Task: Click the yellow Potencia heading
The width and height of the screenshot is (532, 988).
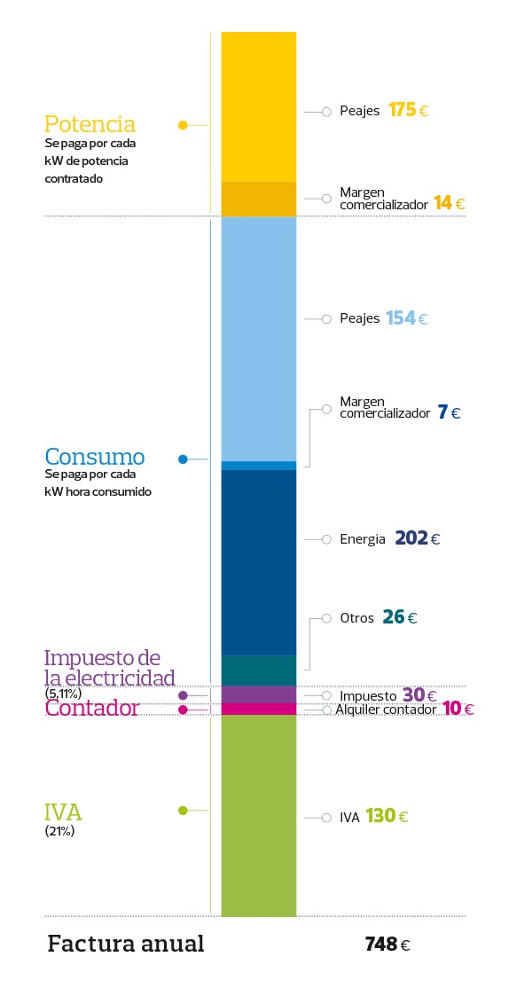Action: click(x=90, y=123)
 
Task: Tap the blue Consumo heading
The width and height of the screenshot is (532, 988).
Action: click(x=94, y=458)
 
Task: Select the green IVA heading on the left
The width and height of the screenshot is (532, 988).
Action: click(x=63, y=812)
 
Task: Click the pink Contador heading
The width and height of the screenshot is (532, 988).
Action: click(x=92, y=709)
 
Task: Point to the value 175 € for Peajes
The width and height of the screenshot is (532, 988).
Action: click(x=409, y=111)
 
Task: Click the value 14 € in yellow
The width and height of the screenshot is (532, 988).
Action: click(x=449, y=203)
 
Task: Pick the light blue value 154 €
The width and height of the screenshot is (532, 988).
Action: click(x=407, y=318)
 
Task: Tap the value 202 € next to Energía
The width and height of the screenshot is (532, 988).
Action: click(x=418, y=538)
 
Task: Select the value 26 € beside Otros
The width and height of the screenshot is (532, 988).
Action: click(x=399, y=617)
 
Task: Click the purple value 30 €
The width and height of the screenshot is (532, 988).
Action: click(x=419, y=695)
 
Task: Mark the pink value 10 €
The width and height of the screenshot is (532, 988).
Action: click(x=458, y=710)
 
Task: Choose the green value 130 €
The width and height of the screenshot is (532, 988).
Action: click(x=387, y=816)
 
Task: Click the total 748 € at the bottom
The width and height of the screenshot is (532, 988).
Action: click(x=387, y=945)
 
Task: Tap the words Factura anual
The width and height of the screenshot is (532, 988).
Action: click(x=125, y=944)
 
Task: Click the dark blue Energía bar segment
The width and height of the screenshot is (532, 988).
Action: click(x=258, y=561)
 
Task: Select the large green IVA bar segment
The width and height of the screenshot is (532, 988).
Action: click(x=258, y=815)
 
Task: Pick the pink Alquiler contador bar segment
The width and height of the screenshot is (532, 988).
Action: click(x=258, y=709)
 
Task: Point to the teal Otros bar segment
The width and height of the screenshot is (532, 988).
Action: click(x=258, y=670)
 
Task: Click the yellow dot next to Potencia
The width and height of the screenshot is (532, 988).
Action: click(x=183, y=125)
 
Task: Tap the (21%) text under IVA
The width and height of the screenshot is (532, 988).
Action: click(x=59, y=832)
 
